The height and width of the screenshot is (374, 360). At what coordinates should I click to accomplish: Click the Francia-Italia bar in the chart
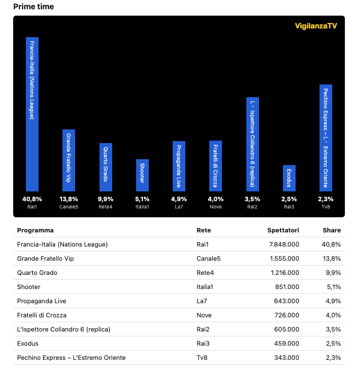tap(32, 114)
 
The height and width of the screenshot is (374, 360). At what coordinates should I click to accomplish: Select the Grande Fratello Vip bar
tap(69, 160)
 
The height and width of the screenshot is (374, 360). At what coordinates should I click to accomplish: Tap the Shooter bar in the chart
tap(142, 175)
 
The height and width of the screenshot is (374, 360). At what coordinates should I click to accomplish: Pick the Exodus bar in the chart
tap(289, 178)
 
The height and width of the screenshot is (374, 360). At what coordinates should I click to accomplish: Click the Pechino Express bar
tap(326, 138)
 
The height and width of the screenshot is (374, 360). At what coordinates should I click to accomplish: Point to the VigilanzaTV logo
tap(316, 26)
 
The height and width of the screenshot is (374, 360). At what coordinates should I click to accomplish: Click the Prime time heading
tap(34, 6)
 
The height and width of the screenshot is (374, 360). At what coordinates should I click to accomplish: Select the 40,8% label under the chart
tap(32, 199)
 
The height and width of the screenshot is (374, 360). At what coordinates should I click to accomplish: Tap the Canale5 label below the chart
tap(69, 207)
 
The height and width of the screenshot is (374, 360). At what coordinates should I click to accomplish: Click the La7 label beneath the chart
tap(179, 207)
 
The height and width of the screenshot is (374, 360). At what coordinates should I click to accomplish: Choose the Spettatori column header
tap(283, 230)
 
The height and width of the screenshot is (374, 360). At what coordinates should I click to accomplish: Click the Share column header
tap(332, 230)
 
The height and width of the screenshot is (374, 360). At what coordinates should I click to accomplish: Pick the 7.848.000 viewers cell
tap(284, 244)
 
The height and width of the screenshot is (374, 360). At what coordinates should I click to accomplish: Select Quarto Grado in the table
tap(37, 272)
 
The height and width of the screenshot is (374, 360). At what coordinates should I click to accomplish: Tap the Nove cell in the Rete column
tap(204, 315)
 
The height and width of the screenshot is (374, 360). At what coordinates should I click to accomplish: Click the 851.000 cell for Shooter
tap(287, 287)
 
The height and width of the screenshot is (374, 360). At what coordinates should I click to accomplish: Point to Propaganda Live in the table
tap(41, 301)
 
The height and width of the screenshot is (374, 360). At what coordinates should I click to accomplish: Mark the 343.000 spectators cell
tap(287, 357)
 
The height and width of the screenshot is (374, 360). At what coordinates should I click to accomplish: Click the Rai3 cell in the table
tap(203, 343)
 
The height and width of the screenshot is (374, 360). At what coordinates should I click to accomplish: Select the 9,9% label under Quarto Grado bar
tap(105, 199)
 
